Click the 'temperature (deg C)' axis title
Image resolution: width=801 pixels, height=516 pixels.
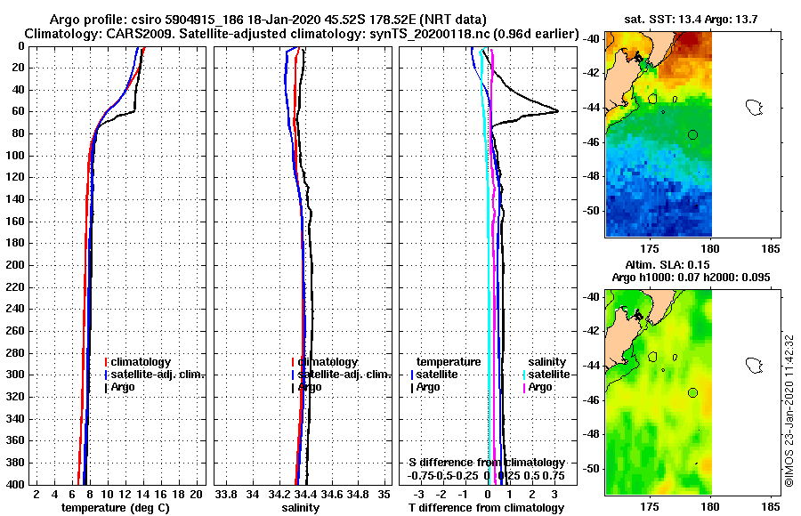pyautogui.click(x=115, y=508)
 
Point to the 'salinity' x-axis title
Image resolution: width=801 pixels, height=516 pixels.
pyautogui.click(x=300, y=508)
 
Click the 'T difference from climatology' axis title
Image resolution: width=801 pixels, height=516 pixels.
pyautogui.click(x=486, y=508)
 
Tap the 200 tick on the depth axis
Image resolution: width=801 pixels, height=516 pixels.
pyautogui.click(x=15, y=265)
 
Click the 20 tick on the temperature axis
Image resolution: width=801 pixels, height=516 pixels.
pyautogui.click(x=196, y=494)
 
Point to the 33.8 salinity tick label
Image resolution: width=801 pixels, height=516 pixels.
pyautogui.click(x=226, y=494)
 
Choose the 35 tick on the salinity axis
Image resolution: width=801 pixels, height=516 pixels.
pyautogui.click(x=384, y=494)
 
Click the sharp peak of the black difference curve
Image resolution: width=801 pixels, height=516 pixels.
pyautogui.click(x=557, y=110)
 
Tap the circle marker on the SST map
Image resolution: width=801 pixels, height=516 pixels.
pyautogui.click(x=692, y=134)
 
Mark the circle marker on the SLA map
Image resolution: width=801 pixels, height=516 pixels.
pyautogui.click(x=692, y=392)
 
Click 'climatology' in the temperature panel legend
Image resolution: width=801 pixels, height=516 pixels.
pyautogui.click(x=142, y=362)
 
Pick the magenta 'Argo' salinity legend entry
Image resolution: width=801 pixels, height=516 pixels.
pyautogui.click(x=540, y=387)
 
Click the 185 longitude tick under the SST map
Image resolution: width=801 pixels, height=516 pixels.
pyautogui.click(x=771, y=250)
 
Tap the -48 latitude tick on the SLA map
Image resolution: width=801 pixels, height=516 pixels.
pyautogui.click(x=593, y=434)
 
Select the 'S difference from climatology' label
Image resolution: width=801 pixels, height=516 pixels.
pyautogui.click(x=486, y=463)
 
